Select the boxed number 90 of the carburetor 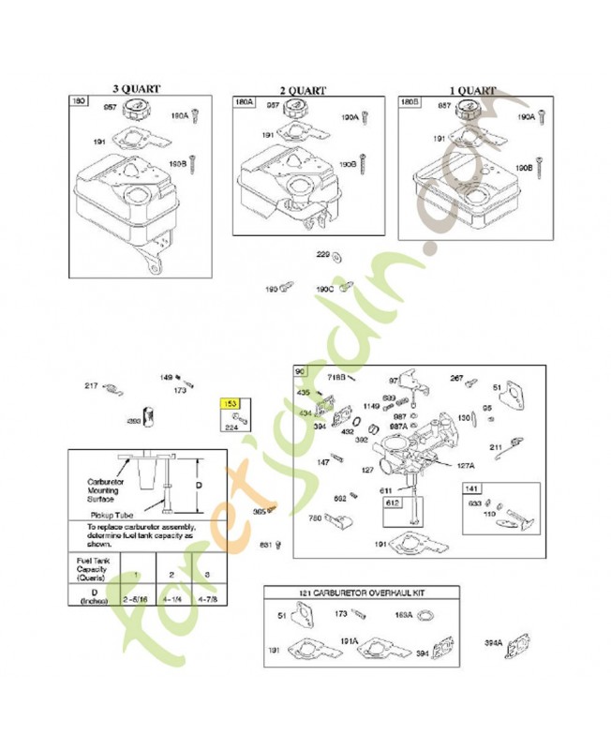[301, 371]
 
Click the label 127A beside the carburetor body [466, 464]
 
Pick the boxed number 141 [470, 488]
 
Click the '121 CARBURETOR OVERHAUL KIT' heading [361, 593]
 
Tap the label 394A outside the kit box [493, 643]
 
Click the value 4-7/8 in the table [207, 597]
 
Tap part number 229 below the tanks [322, 254]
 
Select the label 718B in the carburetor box [336, 377]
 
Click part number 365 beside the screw [259, 511]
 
